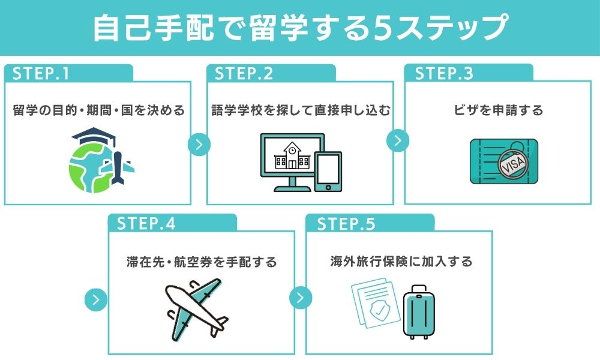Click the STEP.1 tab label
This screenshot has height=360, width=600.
[x=41, y=73]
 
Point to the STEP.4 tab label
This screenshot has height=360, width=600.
[x=146, y=224]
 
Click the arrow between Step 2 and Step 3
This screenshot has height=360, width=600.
[x=397, y=140]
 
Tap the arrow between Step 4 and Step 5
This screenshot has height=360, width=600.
[x=301, y=298]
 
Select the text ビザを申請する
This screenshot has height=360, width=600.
[x=499, y=110]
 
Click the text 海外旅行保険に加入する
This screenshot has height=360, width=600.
[x=401, y=262]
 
